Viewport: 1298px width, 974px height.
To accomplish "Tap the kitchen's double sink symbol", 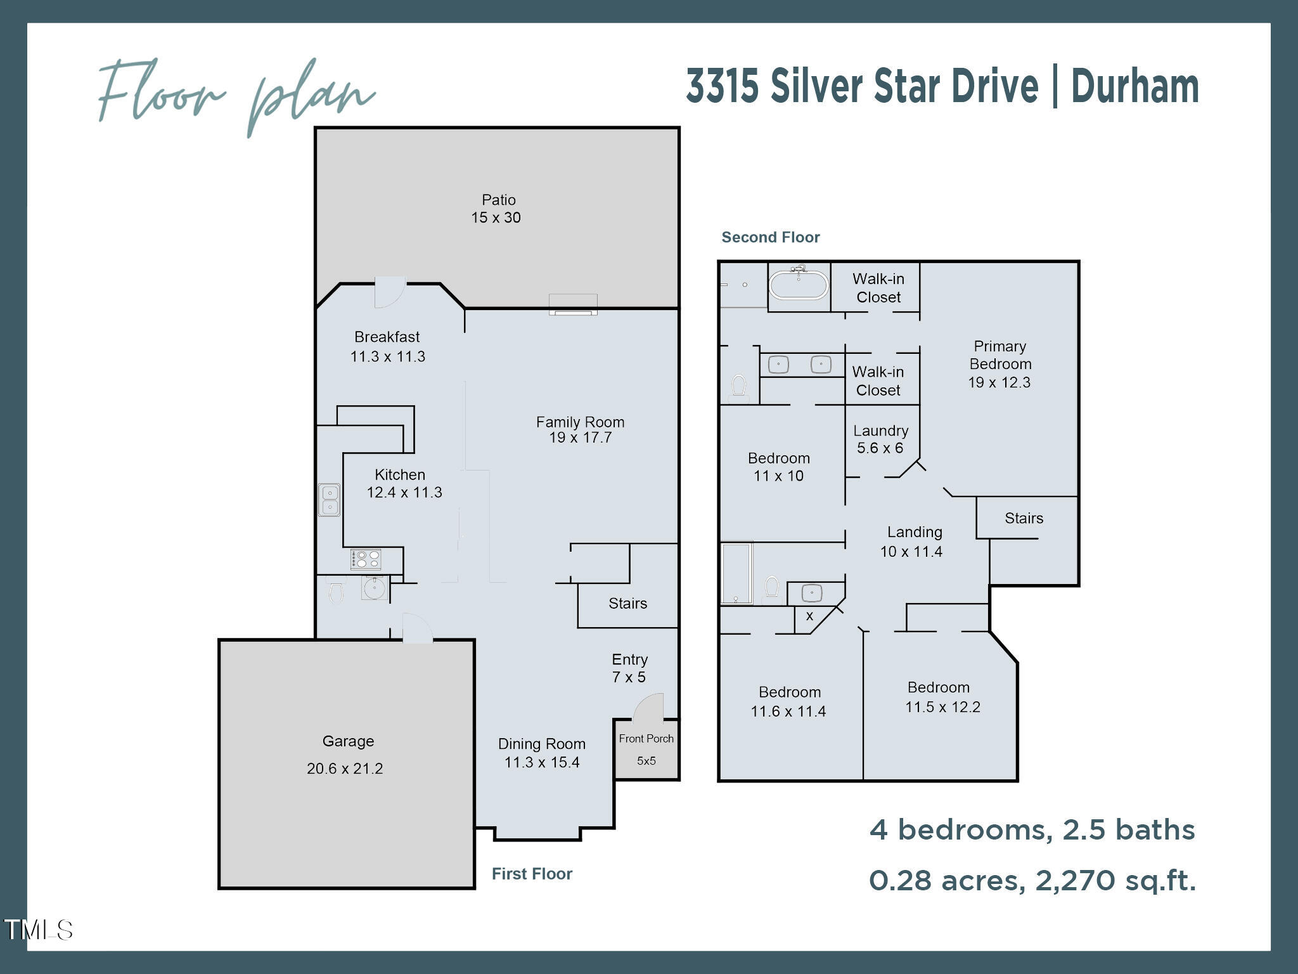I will point(329,500).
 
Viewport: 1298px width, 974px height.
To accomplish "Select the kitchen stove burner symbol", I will point(366,559).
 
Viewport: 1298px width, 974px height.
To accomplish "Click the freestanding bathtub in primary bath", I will point(798,285).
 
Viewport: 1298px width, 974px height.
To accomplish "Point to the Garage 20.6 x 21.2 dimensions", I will point(345,769).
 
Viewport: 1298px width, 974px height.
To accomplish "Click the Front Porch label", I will point(646,739).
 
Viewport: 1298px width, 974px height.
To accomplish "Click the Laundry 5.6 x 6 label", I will point(880,439).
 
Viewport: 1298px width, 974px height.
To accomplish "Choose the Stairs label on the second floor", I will point(1024,519).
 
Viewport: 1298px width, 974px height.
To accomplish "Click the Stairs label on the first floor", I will point(627,604).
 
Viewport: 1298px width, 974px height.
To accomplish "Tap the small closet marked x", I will point(809,616).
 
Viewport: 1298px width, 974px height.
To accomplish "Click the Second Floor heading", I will point(770,237).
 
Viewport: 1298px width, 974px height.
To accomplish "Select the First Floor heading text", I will point(532,874).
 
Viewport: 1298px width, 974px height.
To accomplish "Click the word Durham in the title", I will point(1134,86).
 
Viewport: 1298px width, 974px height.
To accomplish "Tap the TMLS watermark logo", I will point(38,930).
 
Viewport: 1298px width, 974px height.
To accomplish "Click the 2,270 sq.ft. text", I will point(1115,880).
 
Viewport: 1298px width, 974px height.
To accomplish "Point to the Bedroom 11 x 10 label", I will point(778,467).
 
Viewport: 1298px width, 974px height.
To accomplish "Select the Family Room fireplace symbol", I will point(573,306).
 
